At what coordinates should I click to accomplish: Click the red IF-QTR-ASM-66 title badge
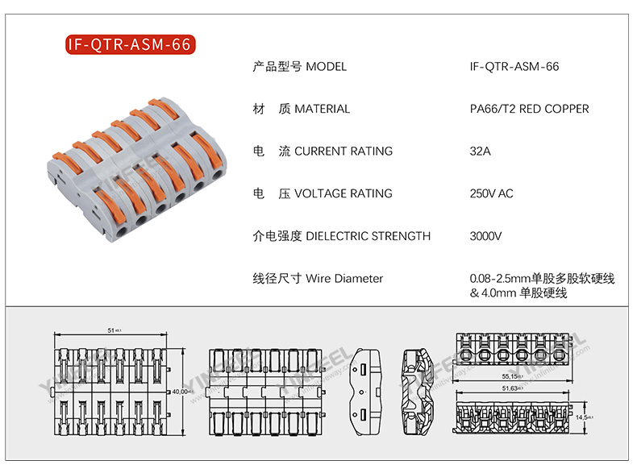click(129, 44)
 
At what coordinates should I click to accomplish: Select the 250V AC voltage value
click(491, 193)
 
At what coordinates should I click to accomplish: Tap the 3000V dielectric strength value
click(485, 236)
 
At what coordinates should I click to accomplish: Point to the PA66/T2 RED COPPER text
click(529, 109)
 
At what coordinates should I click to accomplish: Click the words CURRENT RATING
click(343, 151)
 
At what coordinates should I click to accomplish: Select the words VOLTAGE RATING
click(343, 193)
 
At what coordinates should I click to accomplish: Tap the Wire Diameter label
click(344, 279)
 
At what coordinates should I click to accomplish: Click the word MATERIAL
click(323, 109)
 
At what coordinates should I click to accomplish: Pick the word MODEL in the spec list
click(327, 66)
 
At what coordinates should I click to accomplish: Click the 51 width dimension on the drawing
click(113, 330)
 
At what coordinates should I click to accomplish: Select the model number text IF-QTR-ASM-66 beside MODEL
click(514, 66)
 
